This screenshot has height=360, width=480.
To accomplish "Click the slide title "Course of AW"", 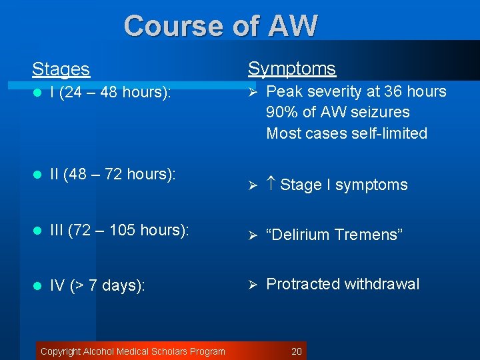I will tap(221, 26).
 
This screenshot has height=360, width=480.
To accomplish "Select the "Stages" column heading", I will tap(61, 69).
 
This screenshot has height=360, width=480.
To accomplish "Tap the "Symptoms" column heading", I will tap(292, 68).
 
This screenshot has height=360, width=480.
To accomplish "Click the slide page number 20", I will tap(297, 351).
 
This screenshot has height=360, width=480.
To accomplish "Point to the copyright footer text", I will tap(133, 351).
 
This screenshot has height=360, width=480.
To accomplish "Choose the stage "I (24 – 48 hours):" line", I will tap(111, 93).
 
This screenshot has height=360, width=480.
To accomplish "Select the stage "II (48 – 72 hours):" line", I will tap(113, 174).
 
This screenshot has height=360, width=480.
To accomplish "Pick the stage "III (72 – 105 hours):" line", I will tap(119, 230).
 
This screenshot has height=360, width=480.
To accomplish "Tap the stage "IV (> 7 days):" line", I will tap(97, 286).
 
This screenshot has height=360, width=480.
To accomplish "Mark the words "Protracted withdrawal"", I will tap(343, 284).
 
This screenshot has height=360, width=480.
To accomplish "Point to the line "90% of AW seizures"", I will tap(337, 112).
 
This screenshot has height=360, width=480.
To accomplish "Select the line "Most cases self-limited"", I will tap(346, 133).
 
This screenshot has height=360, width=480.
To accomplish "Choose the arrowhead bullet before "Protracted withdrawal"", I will tap(253, 285).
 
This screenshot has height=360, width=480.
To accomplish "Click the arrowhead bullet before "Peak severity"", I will tap(253, 92).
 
